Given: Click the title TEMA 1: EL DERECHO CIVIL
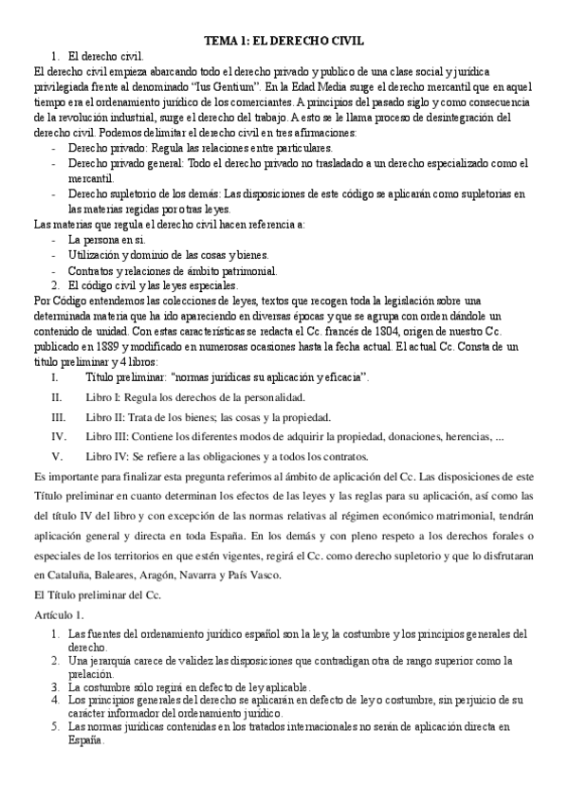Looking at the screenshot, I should click(x=284, y=42).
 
